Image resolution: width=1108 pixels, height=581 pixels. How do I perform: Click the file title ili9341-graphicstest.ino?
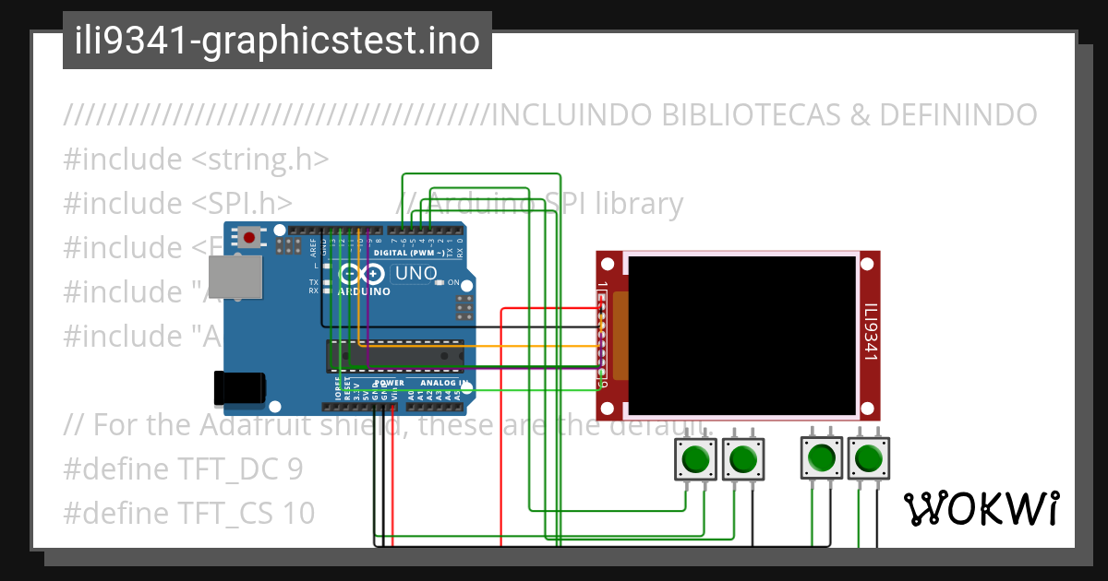[277, 41]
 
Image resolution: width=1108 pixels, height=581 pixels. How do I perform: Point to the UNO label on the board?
[415, 274]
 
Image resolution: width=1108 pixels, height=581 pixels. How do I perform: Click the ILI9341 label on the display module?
[870, 334]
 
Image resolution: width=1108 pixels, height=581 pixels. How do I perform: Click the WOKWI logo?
[981, 508]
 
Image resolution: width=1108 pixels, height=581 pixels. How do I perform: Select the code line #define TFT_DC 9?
[183, 469]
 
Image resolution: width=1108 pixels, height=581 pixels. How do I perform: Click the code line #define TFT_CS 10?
[188, 514]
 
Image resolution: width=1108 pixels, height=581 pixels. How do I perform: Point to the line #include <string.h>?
[196, 160]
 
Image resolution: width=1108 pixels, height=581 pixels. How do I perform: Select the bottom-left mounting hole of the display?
[607, 408]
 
